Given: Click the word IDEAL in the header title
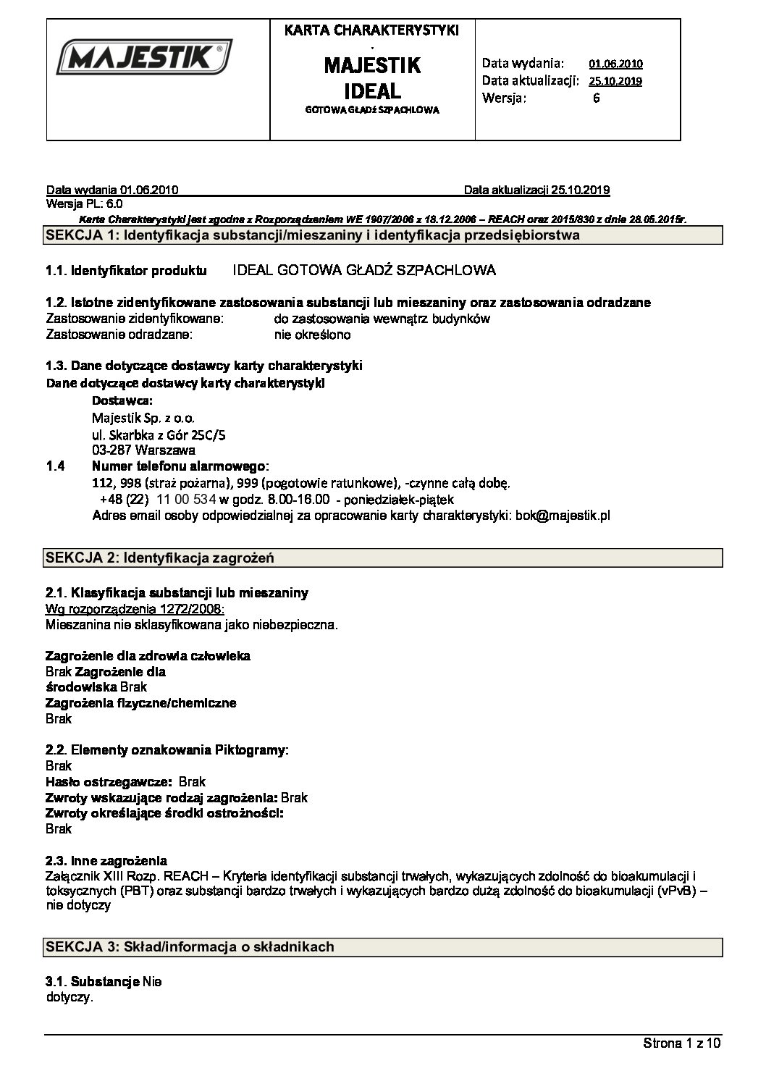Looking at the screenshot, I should coord(372,92).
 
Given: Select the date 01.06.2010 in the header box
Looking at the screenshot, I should coord(615,64).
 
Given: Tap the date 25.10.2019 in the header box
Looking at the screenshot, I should coord(615,81).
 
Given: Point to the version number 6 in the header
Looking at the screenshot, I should coord(596,98).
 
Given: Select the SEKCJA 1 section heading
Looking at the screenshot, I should coord(312,235).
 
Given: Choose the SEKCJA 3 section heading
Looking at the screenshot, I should coord(190,946).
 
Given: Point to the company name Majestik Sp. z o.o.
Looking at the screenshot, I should coord(143,418).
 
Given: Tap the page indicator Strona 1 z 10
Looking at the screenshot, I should coord(682,1043).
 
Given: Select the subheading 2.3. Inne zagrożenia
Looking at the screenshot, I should coord(106,861).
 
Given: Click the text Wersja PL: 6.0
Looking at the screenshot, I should coord(84,204).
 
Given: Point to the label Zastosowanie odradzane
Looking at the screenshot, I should coord(119,335).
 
